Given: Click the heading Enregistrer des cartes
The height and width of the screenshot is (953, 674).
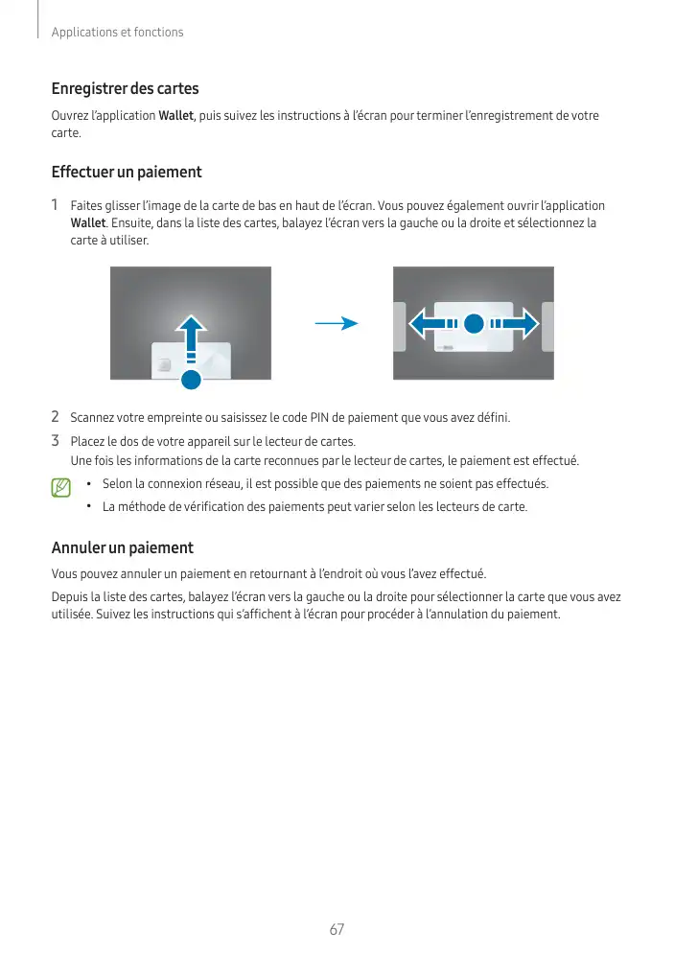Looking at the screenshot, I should click(125, 89).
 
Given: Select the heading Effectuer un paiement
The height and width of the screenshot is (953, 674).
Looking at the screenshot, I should click(126, 173).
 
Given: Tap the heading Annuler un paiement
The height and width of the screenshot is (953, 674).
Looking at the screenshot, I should click(122, 548).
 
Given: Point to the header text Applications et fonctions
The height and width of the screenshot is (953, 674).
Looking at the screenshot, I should click(117, 33).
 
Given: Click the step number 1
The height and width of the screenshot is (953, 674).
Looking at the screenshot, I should click(56, 205).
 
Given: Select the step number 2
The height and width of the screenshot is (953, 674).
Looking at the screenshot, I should click(56, 417).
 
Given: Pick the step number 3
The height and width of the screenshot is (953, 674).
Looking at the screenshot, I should click(56, 441).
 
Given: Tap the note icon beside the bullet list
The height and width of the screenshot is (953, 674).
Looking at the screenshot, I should click(62, 489).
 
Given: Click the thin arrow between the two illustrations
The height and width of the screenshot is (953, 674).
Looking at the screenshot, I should click(336, 324).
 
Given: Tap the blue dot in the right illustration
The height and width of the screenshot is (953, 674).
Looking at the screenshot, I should click(473, 324).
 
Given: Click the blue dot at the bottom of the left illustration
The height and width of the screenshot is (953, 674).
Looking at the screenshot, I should click(192, 379).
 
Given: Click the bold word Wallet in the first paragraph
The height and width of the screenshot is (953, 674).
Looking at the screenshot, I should click(176, 116).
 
